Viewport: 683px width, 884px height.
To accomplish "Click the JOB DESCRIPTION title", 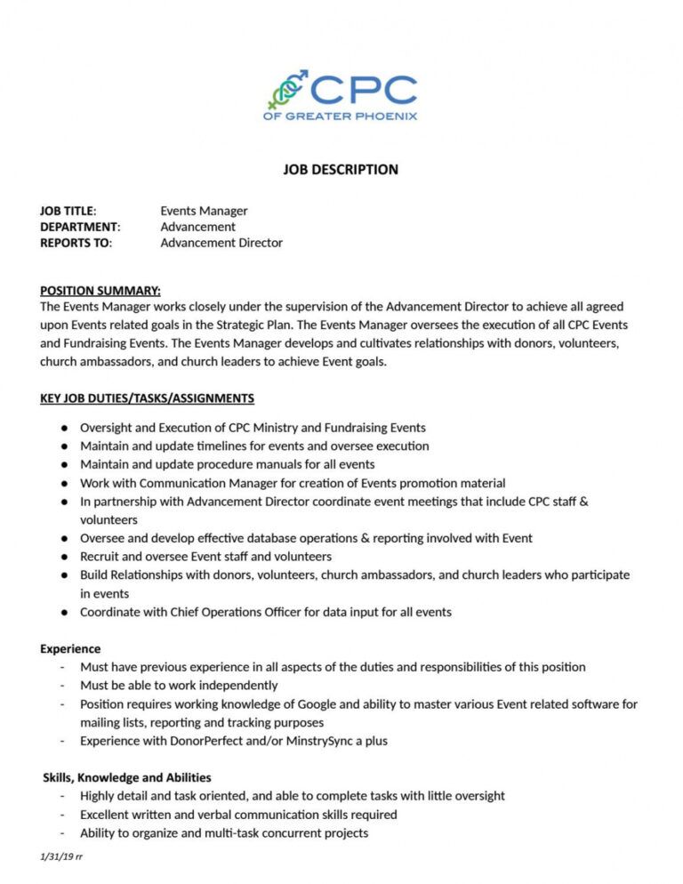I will point(341,169).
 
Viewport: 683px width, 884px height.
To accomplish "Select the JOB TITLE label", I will point(68,211).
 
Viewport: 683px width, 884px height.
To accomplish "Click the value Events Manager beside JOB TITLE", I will point(204,211).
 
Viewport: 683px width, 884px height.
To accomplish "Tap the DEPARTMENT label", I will point(80,227).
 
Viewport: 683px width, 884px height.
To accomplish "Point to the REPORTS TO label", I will point(76,243).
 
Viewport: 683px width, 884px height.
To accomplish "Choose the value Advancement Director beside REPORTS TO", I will point(221,243).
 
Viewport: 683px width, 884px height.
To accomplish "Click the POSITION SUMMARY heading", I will point(100,291).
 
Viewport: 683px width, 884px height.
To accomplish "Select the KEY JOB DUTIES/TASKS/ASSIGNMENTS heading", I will point(147,398).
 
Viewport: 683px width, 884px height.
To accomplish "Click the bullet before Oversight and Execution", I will point(65,428).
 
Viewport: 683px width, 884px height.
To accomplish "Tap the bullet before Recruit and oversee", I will point(65,557).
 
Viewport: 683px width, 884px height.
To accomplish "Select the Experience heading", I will point(70,648).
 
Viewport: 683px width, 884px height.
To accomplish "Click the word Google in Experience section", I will point(317,703).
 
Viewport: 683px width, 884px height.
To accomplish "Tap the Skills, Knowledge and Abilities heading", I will point(127,777).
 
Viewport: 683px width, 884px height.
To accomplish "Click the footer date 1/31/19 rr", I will point(61,856).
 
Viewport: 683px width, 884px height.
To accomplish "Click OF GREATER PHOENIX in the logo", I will point(340,116).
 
